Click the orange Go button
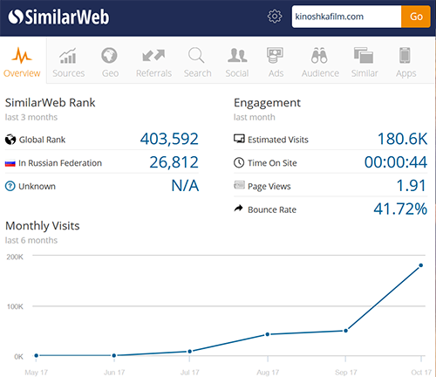tap(416, 17)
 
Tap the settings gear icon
tap(275, 17)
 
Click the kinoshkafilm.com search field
tap(346, 17)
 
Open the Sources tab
tap(69, 62)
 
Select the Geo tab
tap(110, 62)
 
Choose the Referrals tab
tap(153, 62)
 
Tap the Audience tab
tap(320, 62)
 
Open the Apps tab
tap(405, 62)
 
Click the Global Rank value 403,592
tap(169, 139)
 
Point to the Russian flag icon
tap(10, 163)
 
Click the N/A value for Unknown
tap(185, 186)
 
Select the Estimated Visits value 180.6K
tap(402, 139)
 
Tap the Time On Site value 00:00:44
tap(396, 162)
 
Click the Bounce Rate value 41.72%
tap(400, 209)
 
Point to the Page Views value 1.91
tap(412, 186)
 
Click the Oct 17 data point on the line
tap(421, 265)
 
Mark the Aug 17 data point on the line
tap(268, 334)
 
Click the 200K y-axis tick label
tap(15, 257)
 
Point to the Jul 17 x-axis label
tap(189, 373)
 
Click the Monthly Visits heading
tap(43, 226)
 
